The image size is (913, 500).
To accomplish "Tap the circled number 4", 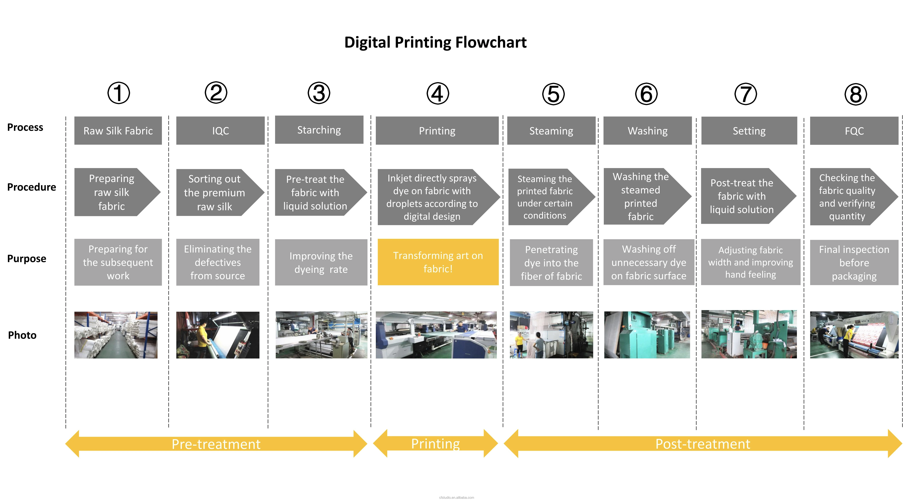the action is tap(438, 93).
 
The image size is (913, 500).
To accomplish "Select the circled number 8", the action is tap(856, 94).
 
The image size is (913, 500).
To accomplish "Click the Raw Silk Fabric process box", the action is tap(118, 130).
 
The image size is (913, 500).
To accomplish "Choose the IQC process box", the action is tap(220, 130).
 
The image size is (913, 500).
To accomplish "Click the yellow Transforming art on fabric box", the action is tap(438, 262).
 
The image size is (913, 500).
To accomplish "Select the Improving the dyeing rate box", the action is tap(321, 262).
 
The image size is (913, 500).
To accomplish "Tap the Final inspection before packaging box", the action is tap(854, 262).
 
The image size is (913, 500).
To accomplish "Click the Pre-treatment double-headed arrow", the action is tap(216, 444).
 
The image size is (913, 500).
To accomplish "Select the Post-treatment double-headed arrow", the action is tap(703, 444).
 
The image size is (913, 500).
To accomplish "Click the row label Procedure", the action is tap(32, 187).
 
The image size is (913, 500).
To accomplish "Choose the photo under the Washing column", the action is tap(647, 335).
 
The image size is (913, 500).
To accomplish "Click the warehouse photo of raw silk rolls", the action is tap(116, 335).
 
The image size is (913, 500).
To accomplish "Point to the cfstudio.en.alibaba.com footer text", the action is tap(456, 497).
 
